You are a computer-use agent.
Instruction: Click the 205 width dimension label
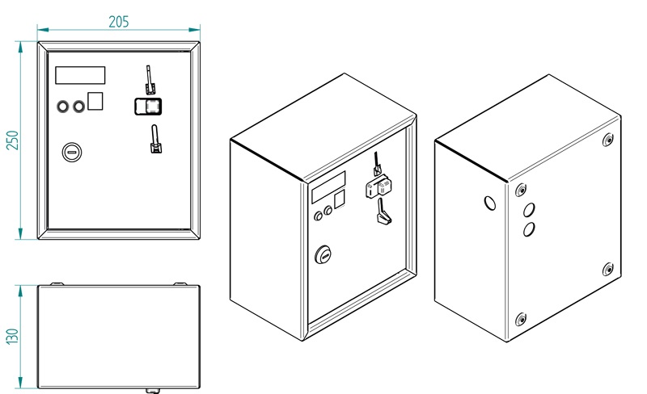119,22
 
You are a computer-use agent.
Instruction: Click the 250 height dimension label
12,140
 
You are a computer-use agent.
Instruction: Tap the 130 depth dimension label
12,337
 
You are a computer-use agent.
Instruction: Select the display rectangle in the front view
80,75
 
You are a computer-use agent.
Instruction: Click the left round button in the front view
63,107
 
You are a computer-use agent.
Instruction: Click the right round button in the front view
78,107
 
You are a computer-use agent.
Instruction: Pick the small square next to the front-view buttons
95,101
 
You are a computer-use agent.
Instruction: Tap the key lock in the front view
72,153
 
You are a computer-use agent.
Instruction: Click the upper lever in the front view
150,80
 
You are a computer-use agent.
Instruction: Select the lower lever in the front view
155,139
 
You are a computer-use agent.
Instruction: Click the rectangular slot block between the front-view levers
148,107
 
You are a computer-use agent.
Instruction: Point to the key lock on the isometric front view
323,254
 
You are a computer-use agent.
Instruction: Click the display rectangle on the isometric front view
328,187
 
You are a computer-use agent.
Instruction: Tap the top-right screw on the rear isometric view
607,140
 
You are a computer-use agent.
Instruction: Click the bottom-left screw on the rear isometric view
521,319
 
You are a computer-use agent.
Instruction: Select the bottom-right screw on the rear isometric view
607,270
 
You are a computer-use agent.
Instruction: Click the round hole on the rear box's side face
490,203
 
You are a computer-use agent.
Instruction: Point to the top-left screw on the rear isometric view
521,190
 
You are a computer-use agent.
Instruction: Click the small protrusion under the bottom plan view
153,390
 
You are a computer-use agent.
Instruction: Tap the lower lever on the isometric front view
383,212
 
